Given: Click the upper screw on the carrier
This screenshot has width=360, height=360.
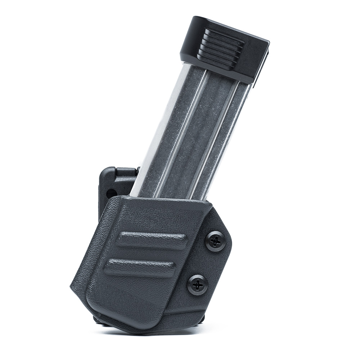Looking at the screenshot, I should (215, 241).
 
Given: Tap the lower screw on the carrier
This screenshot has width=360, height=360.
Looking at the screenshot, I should (197, 285).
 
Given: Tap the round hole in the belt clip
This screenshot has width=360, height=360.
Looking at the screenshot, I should (111, 194).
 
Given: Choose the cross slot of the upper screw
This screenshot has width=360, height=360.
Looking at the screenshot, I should (215, 241).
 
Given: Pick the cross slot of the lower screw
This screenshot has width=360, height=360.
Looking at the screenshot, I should (197, 285).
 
